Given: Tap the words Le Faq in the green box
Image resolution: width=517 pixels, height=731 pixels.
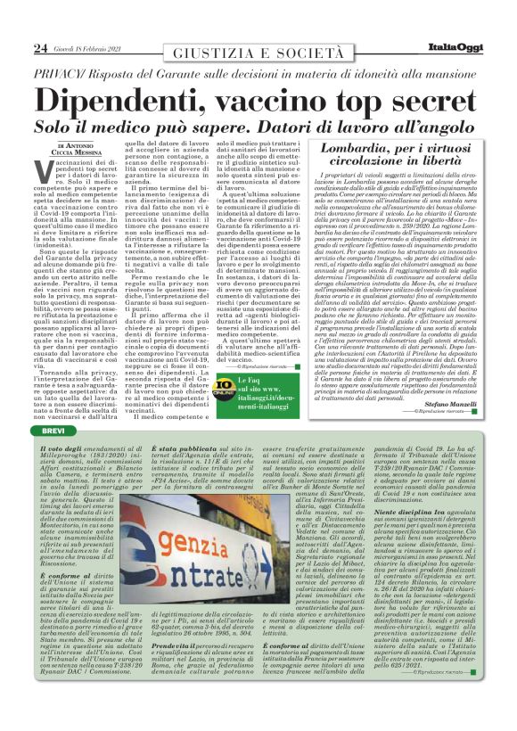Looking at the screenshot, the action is point(249,380).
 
